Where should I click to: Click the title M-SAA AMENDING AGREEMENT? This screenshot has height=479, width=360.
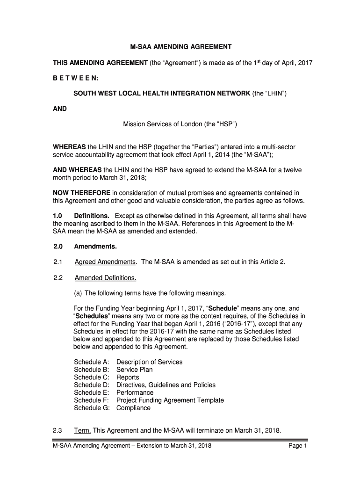pyautogui.click(x=180, y=47)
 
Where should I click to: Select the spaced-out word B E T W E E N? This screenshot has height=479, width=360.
pyautogui.click(x=72, y=78)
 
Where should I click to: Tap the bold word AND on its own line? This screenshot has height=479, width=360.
pyautogui.click(x=60, y=109)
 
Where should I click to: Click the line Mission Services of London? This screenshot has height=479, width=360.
pyautogui.click(x=180, y=124)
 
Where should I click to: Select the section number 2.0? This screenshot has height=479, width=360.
pyautogui.click(x=59, y=246)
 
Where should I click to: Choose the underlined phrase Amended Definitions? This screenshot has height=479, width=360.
pyautogui.click(x=106, y=278)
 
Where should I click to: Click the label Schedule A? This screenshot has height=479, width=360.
pyautogui.click(x=92, y=362)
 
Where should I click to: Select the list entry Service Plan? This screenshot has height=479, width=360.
pyautogui.click(x=135, y=370)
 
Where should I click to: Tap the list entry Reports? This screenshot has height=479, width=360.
pyautogui.click(x=128, y=377)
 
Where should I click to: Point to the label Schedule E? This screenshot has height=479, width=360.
pyautogui.click(x=92, y=392)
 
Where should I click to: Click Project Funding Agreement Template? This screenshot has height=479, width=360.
pyautogui.click(x=170, y=400)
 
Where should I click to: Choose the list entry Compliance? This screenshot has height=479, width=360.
pyautogui.click(x=134, y=408)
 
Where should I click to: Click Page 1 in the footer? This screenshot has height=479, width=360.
pyautogui.click(x=298, y=446)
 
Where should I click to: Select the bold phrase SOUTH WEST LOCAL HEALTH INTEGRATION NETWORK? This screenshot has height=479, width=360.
pyautogui.click(x=162, y=94)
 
